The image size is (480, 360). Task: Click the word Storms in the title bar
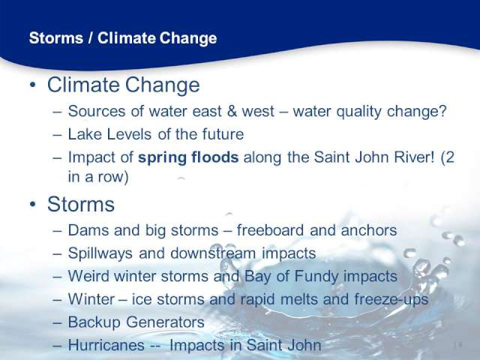click(56, 38)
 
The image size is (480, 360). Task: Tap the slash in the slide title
click(90, 38)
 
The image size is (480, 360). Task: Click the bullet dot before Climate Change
click(33, 85)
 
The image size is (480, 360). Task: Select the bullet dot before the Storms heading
click(33, 204)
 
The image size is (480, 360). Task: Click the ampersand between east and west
click(232, 111)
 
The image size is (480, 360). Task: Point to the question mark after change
click(442, 110)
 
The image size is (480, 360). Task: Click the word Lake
click(83, 134)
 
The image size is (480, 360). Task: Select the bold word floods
click(215, 157)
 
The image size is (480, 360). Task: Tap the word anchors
click(369, 230)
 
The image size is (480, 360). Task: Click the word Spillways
click(100, 253)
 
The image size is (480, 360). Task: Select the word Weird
click(88, 276)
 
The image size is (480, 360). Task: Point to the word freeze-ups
click(391, 299)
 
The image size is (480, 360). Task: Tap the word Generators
click(165, 322)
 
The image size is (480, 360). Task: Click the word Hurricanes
click(106, 345)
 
